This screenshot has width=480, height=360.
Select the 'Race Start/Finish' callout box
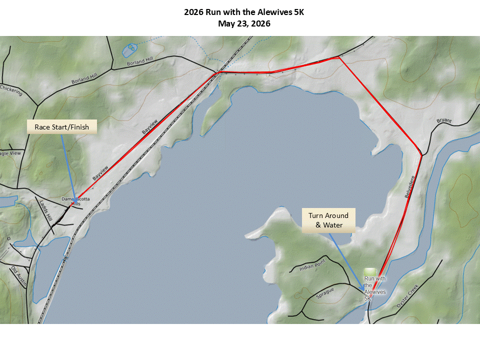(61, 127)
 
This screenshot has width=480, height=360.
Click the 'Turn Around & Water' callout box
(328, 220)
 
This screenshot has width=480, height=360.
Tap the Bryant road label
(444, 121)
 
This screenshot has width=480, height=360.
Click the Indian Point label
(312, 267)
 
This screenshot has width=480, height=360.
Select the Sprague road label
(324, 290)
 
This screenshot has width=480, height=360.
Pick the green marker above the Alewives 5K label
(369, 270)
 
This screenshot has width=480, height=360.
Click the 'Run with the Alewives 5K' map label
(375, 288)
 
